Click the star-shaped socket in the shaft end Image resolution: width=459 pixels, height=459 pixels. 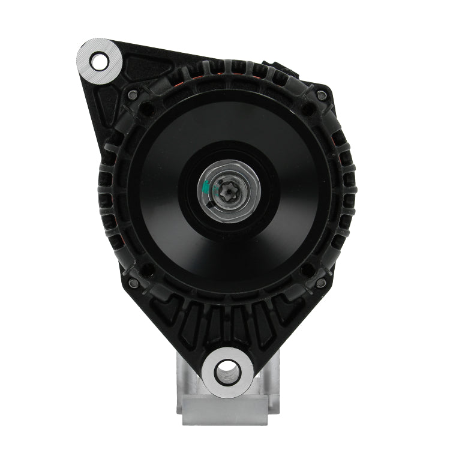230,191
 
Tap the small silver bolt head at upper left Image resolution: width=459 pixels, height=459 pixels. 133,95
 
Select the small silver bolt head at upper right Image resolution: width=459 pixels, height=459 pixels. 322,95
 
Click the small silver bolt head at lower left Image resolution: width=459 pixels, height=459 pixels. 133,283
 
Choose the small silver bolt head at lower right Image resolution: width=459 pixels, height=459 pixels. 322,283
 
